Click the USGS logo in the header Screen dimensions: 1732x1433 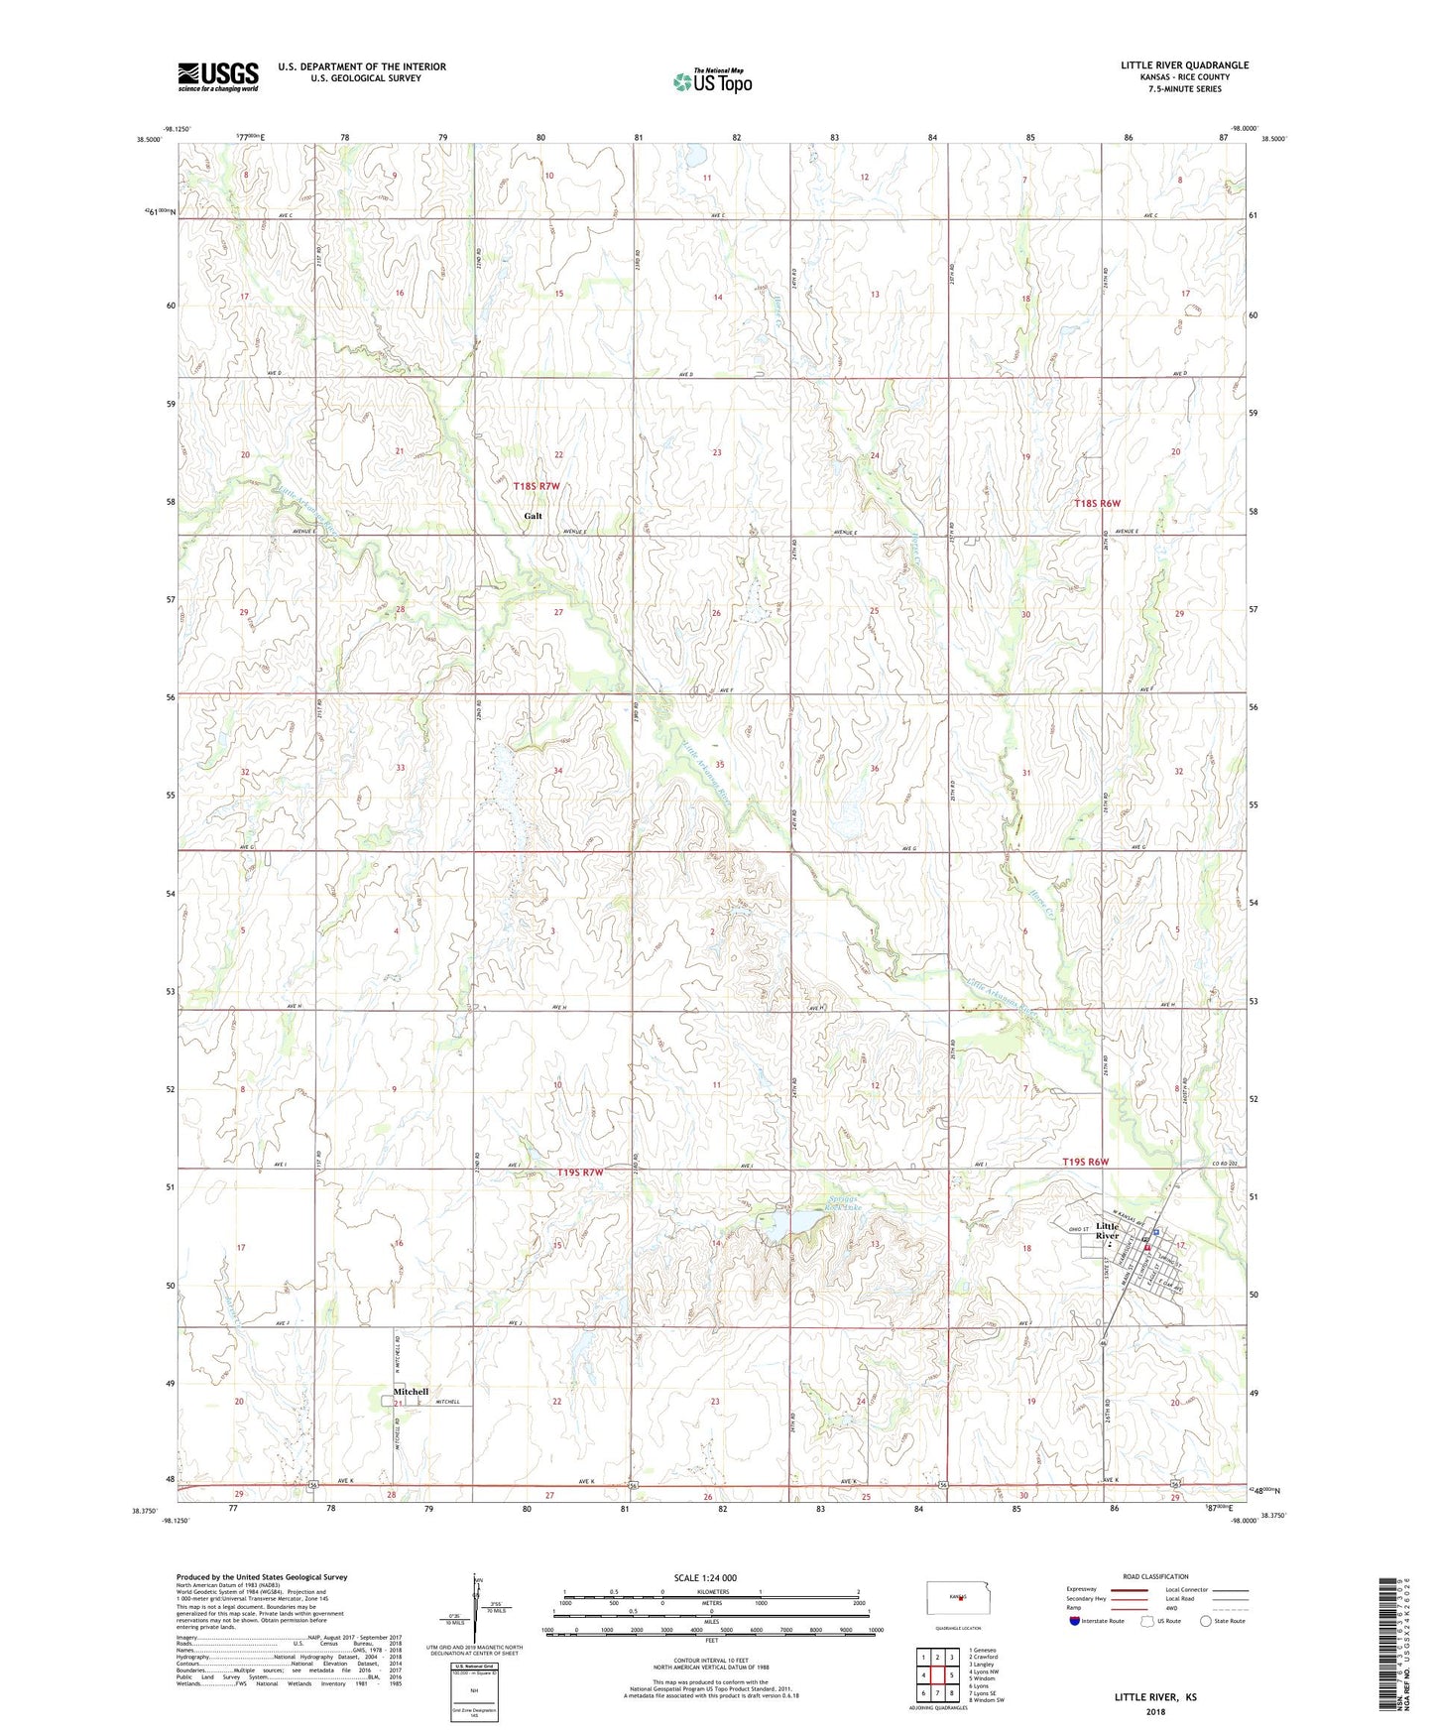[218, 76]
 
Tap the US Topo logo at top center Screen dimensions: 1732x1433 [711, 81]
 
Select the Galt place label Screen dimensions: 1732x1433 [534, 516]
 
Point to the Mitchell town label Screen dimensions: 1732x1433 [411, 1391]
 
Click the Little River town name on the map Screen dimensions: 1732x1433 [1107, 1230]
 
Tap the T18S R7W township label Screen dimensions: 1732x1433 [537, 486]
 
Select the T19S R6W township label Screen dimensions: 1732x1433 [1098, 1162]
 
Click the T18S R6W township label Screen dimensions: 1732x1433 [1097, 503]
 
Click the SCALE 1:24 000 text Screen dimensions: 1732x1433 [704, 1578]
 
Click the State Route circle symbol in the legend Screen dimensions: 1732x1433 [1205, 1622]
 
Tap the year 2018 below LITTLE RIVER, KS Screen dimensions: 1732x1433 [1154, 1711]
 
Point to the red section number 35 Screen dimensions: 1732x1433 [720, 765]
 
